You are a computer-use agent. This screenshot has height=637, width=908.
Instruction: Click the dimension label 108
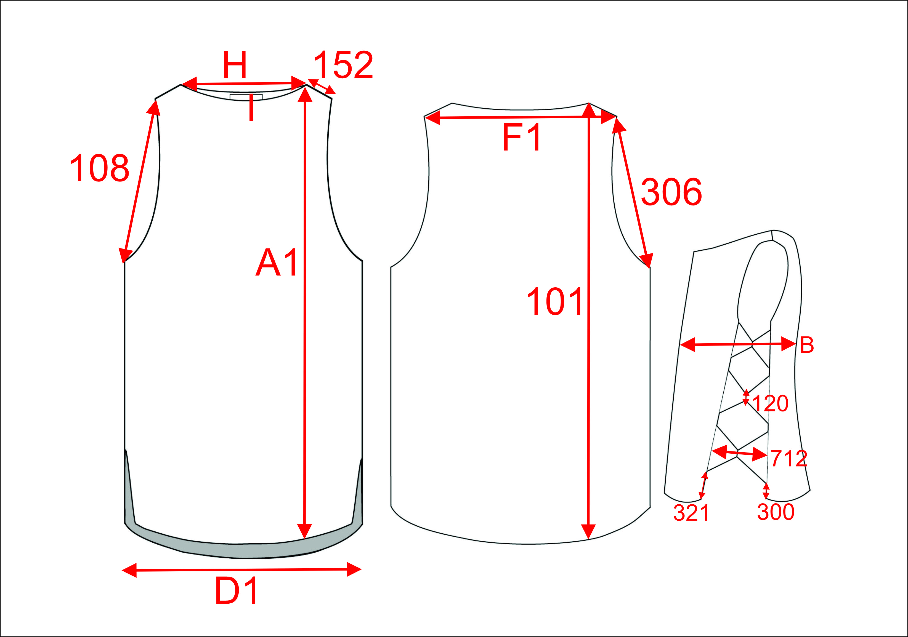coord(100,168)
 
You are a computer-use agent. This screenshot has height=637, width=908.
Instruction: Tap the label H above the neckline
coord(235,65)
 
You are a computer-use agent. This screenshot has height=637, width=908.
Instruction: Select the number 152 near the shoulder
coord(343,65)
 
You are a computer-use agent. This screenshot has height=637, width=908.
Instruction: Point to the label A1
coord(277,263)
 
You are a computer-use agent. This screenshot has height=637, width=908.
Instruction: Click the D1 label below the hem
coord(236,591)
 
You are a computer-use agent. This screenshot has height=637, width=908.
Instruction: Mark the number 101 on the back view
coord(554,301)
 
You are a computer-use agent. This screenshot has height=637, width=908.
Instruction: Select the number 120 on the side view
coord(770,403)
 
